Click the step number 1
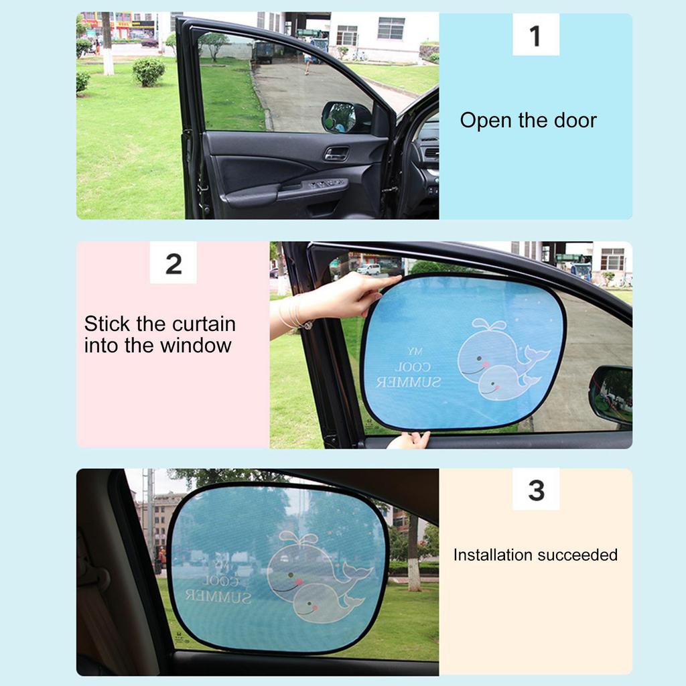click(535, 36)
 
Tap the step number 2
click(173, 264)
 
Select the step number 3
click(536, 490)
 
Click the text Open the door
click(528, 121)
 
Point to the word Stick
click(107, 324)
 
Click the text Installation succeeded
click(535, 555)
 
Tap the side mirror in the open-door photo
click(345, 117)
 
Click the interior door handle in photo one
click(336, 153)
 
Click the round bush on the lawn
click(148, 71)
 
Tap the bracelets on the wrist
click(293, 313)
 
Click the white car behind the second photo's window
click(368, 269)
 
